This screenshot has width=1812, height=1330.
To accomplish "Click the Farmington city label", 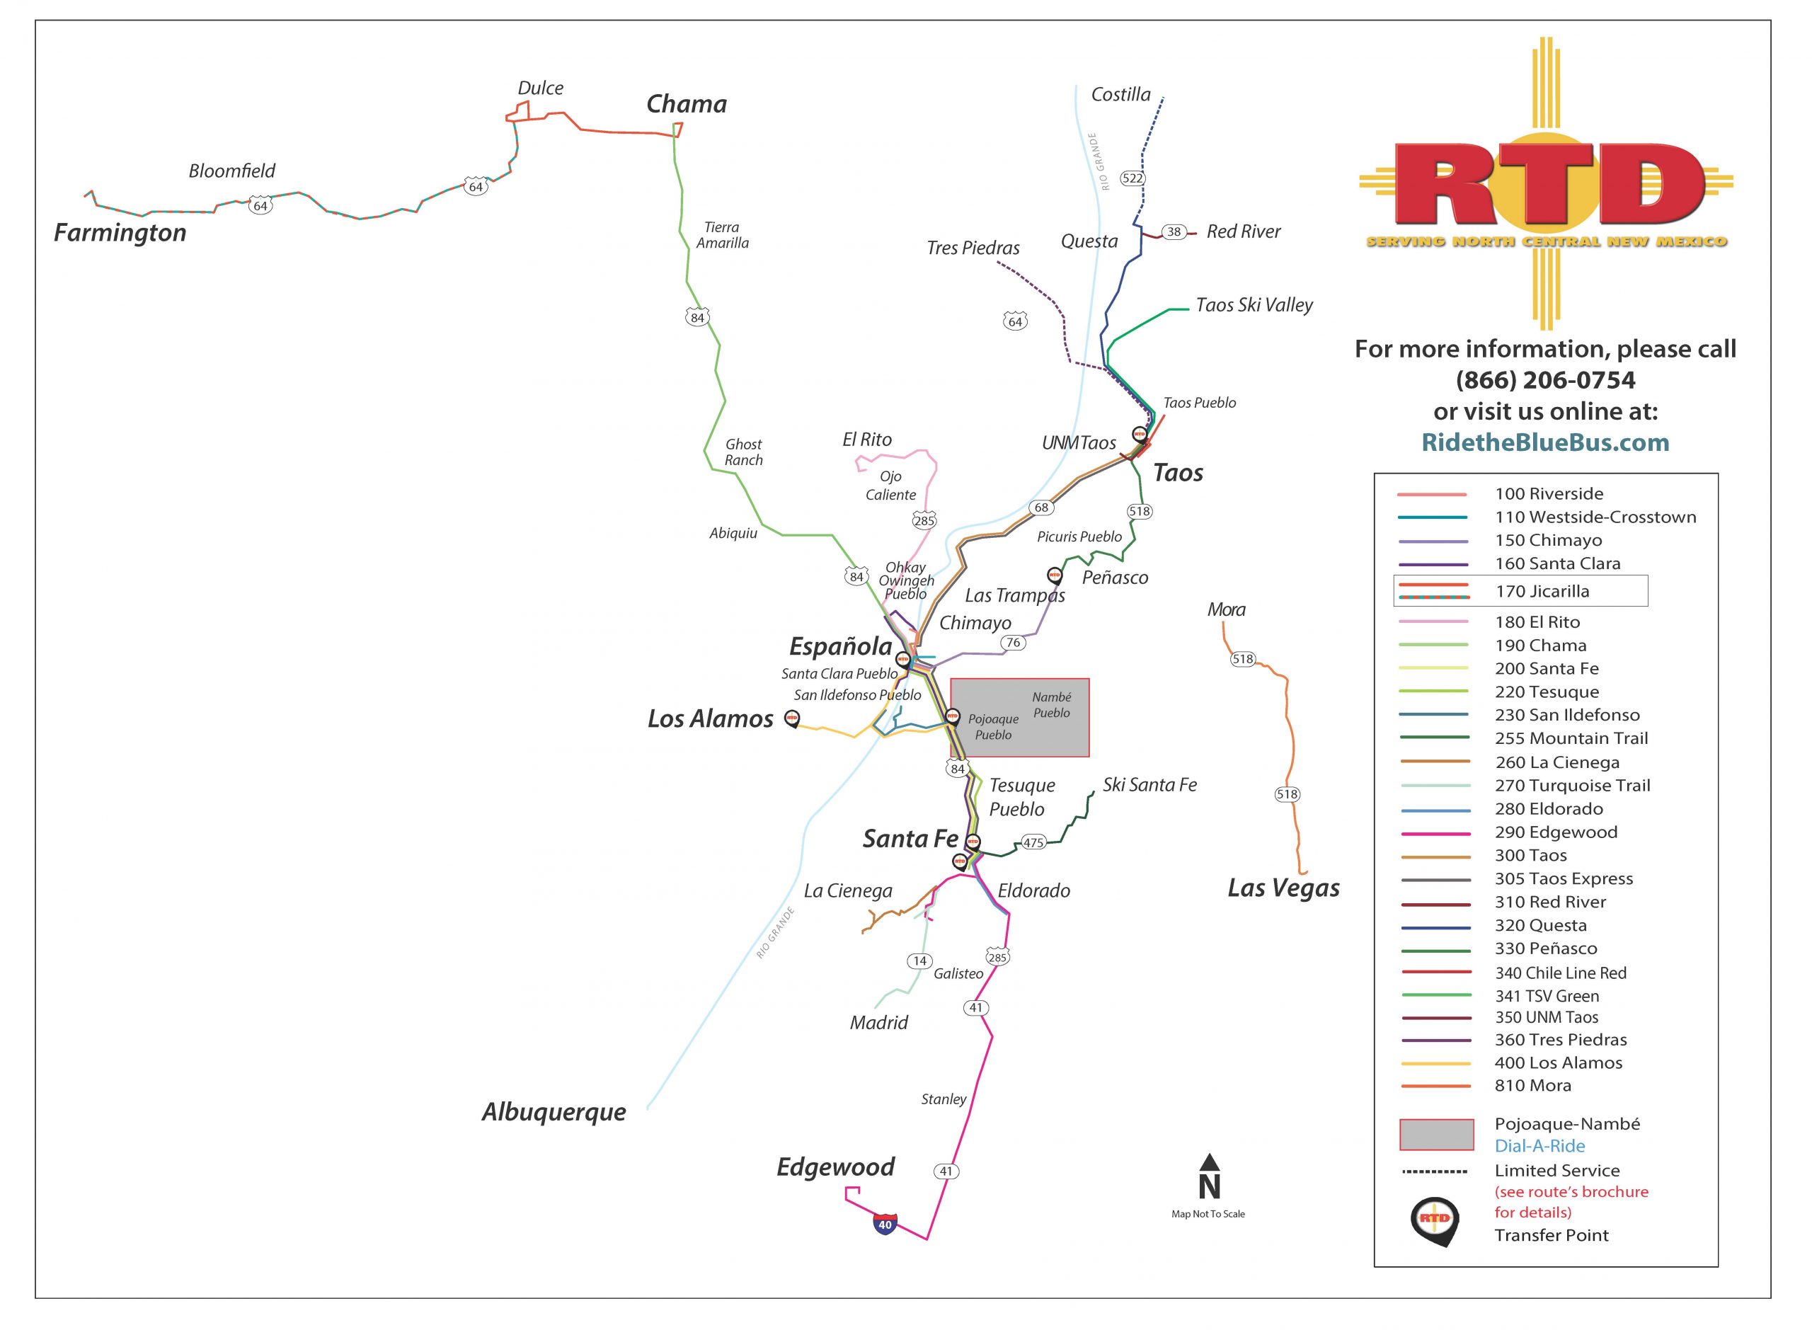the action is (x=120, y=233).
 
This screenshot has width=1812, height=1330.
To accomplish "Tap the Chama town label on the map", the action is (x=686, y=104).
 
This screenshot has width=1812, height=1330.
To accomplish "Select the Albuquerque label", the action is (x=554, y=1113).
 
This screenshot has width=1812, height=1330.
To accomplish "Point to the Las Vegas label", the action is (x=1283, y=888).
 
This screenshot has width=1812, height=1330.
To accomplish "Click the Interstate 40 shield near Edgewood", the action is (x=885, y=1225).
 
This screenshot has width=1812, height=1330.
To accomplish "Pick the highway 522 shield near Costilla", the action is (x=1132, y=178).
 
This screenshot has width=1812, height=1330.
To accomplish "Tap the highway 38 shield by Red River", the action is (x=1174, y=232).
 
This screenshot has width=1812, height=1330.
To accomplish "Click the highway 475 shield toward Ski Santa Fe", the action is (x=1033, y=842).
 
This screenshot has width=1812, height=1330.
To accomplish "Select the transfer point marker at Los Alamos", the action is (x=792, y=719).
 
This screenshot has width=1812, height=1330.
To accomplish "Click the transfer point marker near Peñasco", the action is (x=1055, y=575).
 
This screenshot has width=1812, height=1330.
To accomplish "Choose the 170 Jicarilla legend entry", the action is (x=1520, y=591).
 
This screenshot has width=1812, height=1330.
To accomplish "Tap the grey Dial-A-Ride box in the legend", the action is (x=1437, y=1135).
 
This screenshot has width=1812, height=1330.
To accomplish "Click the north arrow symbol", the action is (x=1209, y=1176).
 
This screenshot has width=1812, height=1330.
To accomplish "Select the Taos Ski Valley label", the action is (x=1254, y=305).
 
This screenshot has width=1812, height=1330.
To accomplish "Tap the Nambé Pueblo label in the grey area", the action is (x=1051, y=705).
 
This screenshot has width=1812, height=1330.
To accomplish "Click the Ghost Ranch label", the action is (x=743, y=452).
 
